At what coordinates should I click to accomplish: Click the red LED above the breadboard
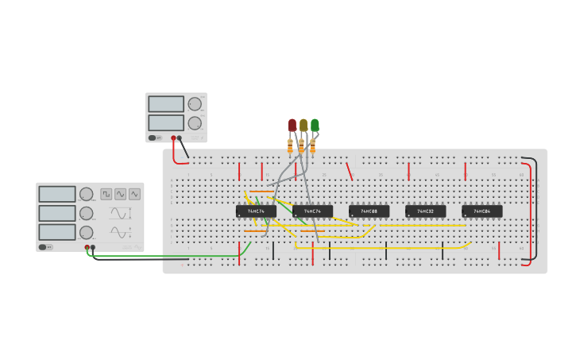tap(292, 125)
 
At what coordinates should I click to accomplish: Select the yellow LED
tap(303, 125)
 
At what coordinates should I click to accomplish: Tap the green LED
tap(315, 125)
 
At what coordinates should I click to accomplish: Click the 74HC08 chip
tap(369, 211)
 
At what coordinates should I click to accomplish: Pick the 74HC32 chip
tap(426, 211)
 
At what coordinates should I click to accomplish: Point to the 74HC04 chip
tap(482, 211)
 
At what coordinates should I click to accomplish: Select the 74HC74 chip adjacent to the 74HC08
tap(313, 211)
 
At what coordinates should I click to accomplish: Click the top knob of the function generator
tap(86, 194)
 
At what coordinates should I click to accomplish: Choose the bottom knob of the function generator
tap(86, 232)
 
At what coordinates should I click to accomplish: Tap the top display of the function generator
tap(57, 194)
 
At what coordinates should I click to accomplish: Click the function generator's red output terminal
tap(87, 247)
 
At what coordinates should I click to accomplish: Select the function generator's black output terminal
tap(93, 247)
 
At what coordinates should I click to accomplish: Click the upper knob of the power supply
tap(195, 104)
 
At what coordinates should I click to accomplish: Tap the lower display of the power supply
tap(166, 122)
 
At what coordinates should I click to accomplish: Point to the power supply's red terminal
tap(173, 137)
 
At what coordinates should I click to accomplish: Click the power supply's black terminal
tap(179, 137)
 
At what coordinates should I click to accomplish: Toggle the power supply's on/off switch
tap(155, 137)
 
